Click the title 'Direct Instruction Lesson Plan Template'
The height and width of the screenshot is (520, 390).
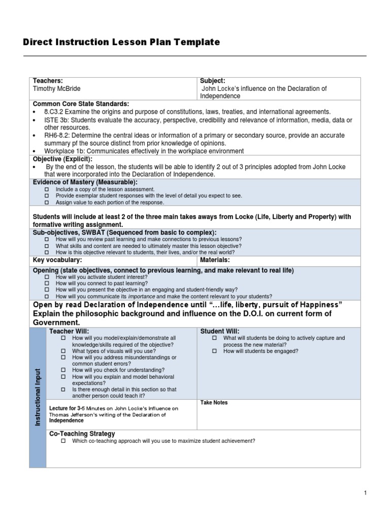click(x=121, y=42)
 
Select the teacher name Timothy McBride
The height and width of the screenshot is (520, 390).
click(x=57, y=88)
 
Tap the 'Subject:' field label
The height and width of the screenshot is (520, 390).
click(x=212, y=81)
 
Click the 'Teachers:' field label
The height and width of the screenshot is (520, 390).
click(x=48, y=81)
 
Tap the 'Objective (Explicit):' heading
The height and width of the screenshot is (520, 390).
click(x=63, y=159)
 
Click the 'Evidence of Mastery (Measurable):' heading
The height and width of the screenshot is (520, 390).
click(x=85, y=182)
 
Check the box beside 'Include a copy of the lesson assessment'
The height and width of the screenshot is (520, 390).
click(x=47, y=189)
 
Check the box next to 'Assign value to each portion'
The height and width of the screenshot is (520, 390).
click(x=47, y=202)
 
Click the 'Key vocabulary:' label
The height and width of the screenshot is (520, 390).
click(x=57, y=260)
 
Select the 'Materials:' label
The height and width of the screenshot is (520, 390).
click(x=215, y=260)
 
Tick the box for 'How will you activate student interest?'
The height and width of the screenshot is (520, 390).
click(x=47, y=277)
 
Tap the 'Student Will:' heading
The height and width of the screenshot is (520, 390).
click(x=220, y=331)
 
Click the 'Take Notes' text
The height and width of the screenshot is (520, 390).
click(x=214, y=403)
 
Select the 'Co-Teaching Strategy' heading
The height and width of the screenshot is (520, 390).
click(x=82, y=434)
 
